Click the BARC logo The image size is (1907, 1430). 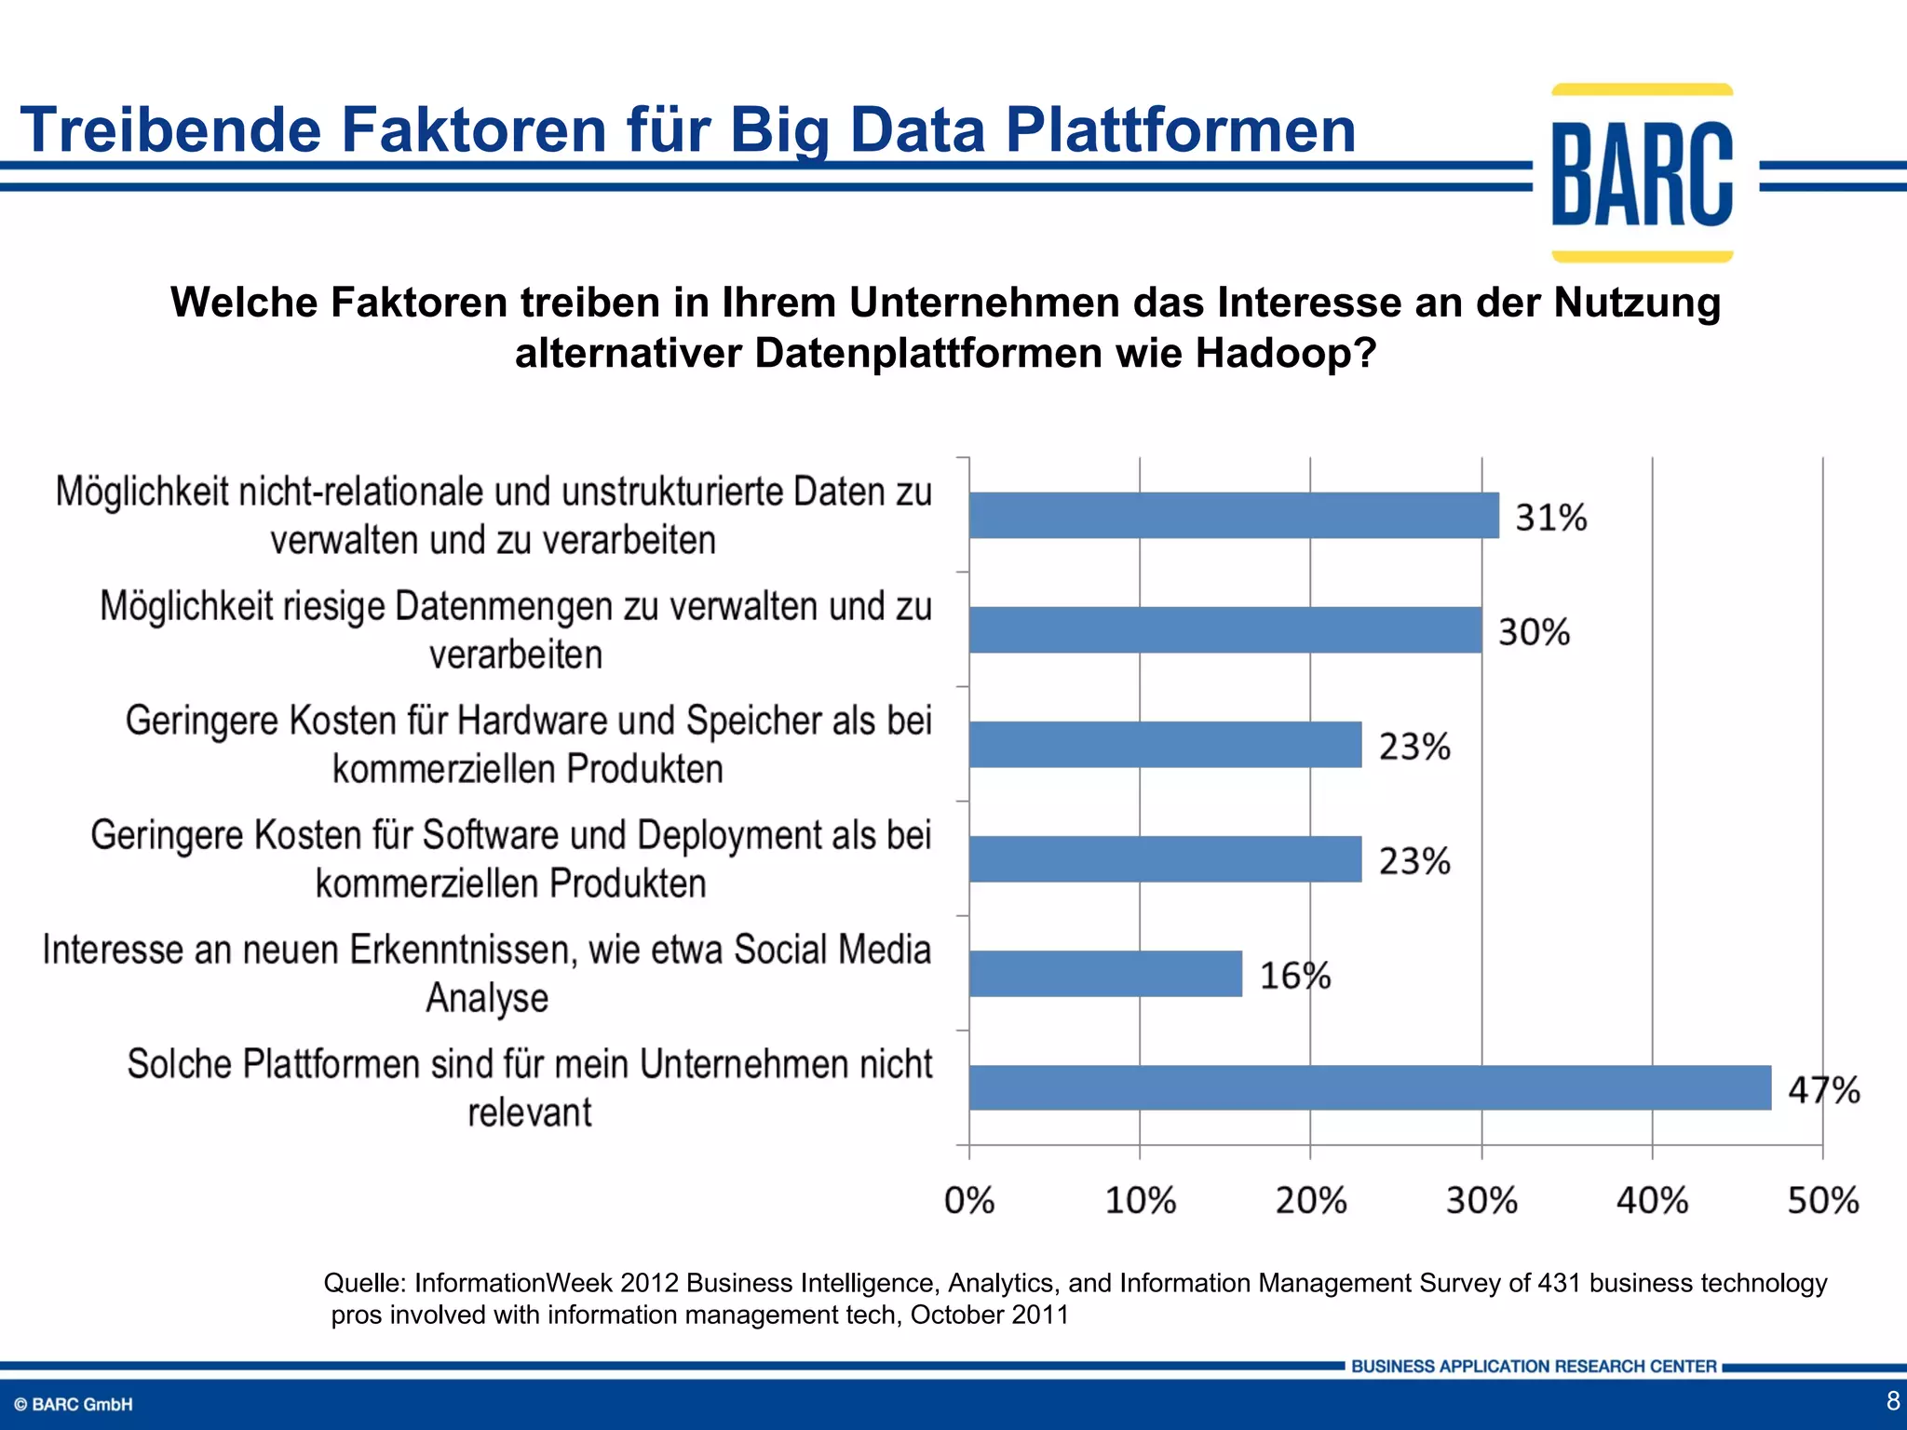1642,174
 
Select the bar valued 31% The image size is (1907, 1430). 1234,516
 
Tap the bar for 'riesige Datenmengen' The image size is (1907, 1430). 1224,630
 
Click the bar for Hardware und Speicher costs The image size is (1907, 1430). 1165,745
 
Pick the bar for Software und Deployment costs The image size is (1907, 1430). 1165,859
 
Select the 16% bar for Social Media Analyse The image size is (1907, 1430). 1105,974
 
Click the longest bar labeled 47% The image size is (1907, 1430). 1370,1087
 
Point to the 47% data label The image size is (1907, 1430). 1823,1089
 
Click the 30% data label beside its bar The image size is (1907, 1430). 1534,632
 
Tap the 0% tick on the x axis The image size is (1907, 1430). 969,1201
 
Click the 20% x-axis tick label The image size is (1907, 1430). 1311,1201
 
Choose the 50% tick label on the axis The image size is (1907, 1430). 1823,1201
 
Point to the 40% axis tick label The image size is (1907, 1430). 1652,1201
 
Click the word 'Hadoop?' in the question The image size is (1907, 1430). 1285,354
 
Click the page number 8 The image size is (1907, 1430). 1892,1400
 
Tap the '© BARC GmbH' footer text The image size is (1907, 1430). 74,1405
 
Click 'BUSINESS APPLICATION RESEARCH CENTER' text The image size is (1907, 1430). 1534,1367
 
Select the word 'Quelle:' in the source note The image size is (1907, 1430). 364,1284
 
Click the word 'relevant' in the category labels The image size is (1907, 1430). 529,1113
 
